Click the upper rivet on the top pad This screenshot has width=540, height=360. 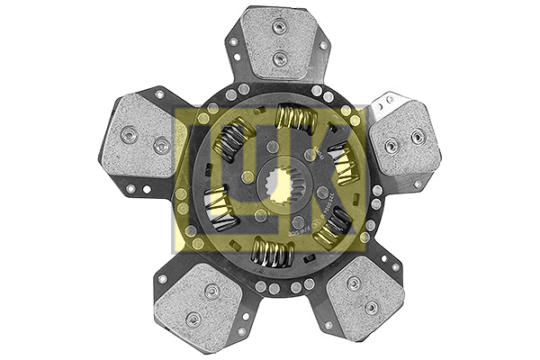278,28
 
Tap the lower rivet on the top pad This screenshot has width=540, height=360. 278,58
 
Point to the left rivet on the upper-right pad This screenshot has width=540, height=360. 391,145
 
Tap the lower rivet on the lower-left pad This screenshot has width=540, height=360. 190,319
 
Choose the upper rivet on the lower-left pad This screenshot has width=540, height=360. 211,291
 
